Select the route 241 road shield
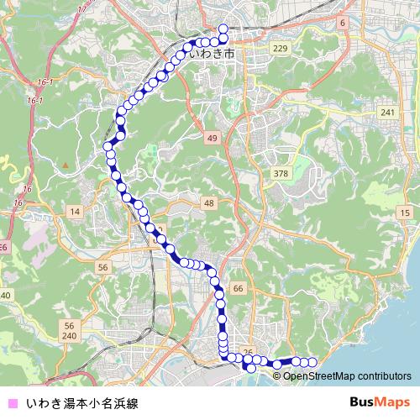[387, 113]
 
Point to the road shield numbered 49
[214, 137]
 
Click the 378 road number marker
[281, 173]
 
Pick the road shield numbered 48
[209, 204]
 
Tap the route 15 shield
[405, 214]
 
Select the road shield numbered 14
[75, 212]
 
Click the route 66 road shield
[239, 288]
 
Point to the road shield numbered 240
[69, 335]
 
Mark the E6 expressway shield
[3, 247]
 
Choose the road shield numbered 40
[5, 295]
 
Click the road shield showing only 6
[343, 23]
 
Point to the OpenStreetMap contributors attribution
[347, 375]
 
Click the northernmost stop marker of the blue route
[223, 29]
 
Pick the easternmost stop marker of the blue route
[312, 362]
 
